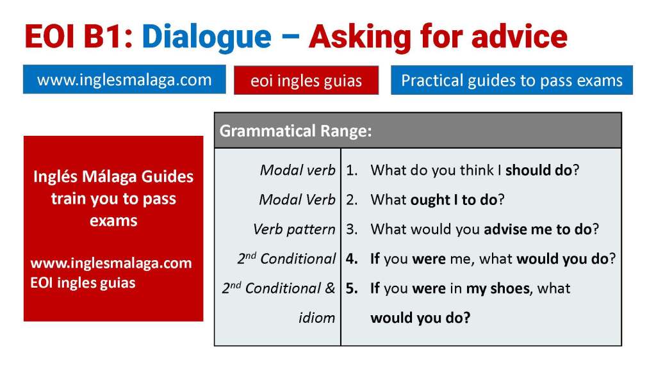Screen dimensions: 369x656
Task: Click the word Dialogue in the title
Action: [x=206, y=37]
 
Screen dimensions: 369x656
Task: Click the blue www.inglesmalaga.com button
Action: [x=124, y=80]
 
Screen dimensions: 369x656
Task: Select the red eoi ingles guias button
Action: [x=306, y=81]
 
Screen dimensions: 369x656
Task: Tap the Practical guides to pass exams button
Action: [x=511, y=81]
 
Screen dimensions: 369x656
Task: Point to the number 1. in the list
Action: [x=352, y=170]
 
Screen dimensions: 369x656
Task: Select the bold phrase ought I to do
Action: [x=454, y=200]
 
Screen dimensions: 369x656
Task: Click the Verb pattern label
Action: [x=294, y=229]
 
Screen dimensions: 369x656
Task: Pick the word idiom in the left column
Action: [x=316, y=318]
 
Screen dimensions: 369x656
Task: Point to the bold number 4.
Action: [x=352, y=259]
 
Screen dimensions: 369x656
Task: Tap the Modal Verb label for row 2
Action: [x=297, y=200]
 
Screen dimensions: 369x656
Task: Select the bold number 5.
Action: [x=352, y=288]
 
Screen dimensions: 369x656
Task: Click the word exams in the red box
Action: [x=113, y=221]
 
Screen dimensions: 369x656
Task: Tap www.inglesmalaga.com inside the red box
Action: [x=111, y=263]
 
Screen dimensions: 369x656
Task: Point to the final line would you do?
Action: [x=420, y=318]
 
